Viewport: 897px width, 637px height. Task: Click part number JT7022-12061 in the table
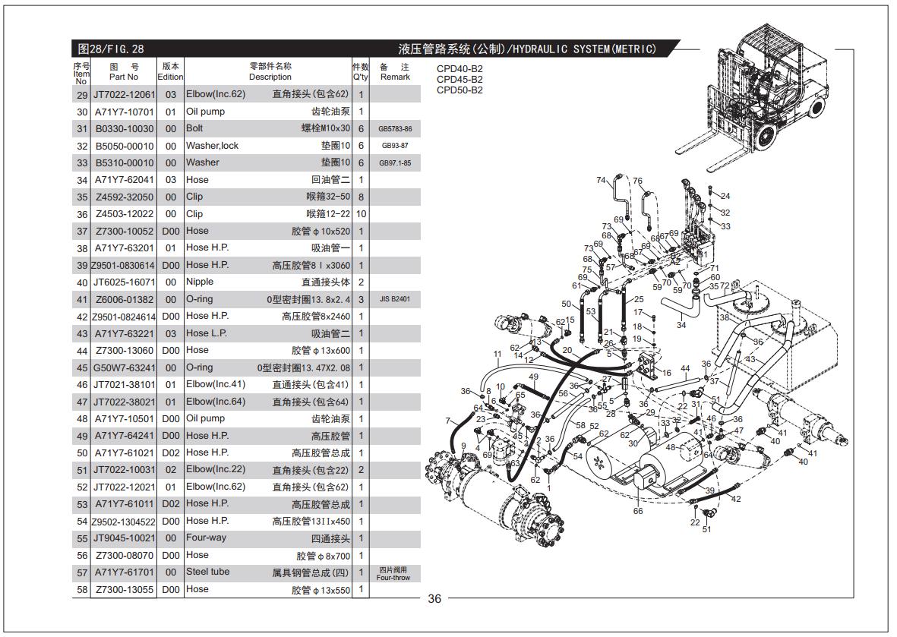coord(124,95)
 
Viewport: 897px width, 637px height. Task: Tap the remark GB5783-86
coord(395,129)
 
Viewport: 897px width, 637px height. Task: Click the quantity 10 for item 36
coord(361,214)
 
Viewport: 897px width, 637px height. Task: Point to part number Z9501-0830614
coord(123,265)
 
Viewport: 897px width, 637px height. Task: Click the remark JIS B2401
coord(395,299)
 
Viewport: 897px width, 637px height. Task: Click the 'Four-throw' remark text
coord(393,578)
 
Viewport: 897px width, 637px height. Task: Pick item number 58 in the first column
coord(82,589)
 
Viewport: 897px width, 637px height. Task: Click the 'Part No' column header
coord(124,77)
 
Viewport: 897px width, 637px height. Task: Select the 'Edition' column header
coord(170,77)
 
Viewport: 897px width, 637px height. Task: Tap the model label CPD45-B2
coord(460,80)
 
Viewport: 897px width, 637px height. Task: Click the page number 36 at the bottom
coord(434,599)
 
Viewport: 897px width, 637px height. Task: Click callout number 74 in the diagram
coord(601,180)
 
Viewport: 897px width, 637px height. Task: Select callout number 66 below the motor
coord(638,511)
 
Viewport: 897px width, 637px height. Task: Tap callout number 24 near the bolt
coord(725,196)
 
